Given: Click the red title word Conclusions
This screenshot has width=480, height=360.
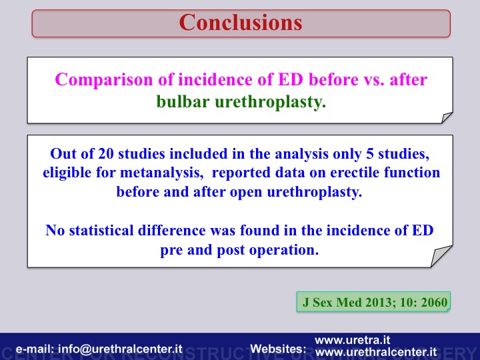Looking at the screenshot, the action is click(x=241, y=23).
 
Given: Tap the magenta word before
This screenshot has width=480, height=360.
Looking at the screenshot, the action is click(x=333, y=79).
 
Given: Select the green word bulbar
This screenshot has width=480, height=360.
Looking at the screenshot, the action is click(x=183, y=101).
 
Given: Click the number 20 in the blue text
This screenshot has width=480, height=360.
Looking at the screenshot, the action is click(x=105, y=154).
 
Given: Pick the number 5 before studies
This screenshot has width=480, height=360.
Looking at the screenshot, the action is click(x=370, y=154).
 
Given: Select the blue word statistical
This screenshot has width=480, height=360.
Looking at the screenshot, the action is click(x=101, y=230).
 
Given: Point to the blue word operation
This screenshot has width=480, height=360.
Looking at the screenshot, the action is click(x=284, y=250).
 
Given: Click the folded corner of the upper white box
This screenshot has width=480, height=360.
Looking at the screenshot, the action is click(x=447, y=117).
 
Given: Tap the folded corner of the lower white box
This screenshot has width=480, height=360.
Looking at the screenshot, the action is click(x=441, y=256).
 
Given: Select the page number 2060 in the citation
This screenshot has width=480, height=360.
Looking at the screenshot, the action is click(x=434, y=303).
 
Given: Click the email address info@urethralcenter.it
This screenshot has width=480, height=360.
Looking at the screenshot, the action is click(x=120, y=349).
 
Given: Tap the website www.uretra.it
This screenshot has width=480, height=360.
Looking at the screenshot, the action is click(x=353, y=340).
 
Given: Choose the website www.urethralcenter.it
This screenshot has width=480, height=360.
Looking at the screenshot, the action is click(x=376, y=352).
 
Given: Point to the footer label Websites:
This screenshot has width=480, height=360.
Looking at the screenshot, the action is click(x=278, y=349).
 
